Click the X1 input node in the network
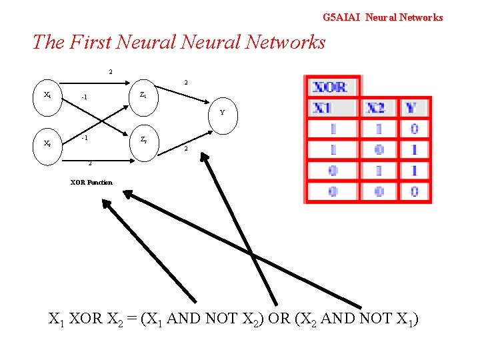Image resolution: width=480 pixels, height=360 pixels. pos(47,95)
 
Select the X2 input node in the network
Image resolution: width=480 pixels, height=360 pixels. pos(47,143)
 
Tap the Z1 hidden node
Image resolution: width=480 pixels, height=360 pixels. pos(143,95)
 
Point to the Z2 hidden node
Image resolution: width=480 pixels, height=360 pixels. pos(143,140)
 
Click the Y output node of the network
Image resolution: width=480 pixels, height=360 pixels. pos(222,112)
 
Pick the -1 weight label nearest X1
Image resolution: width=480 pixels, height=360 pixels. pos(84,99)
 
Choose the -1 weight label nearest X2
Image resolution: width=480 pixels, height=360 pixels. pos(84,139)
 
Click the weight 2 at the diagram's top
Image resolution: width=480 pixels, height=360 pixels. pos(111,72)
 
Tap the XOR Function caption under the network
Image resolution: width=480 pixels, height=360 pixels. pos(91,182)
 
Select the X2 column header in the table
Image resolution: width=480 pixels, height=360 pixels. pos(376,108)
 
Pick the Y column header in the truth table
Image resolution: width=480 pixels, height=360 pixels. pos(412,108)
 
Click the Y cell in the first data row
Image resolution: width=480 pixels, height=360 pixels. pos(414,129)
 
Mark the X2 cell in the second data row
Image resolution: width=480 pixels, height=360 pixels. pos(378,150)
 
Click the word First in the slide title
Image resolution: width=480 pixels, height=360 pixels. pos(88,43)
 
